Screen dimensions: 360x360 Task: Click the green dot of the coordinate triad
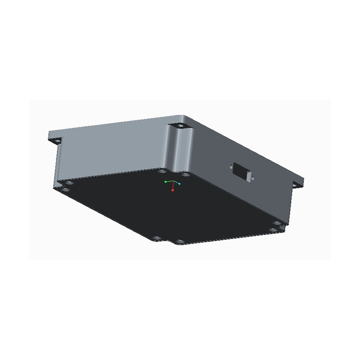[x=166, y=181]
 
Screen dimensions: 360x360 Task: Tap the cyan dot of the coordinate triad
[x=180, y=184]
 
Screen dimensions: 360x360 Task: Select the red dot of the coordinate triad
[x=172, y=191]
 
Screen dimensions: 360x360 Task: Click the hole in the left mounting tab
[x=57, y=141]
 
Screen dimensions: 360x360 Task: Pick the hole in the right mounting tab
[x=296, y=184]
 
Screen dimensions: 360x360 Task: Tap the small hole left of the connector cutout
[x=230, y=166]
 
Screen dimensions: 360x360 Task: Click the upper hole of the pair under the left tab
[x=67, y=183]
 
